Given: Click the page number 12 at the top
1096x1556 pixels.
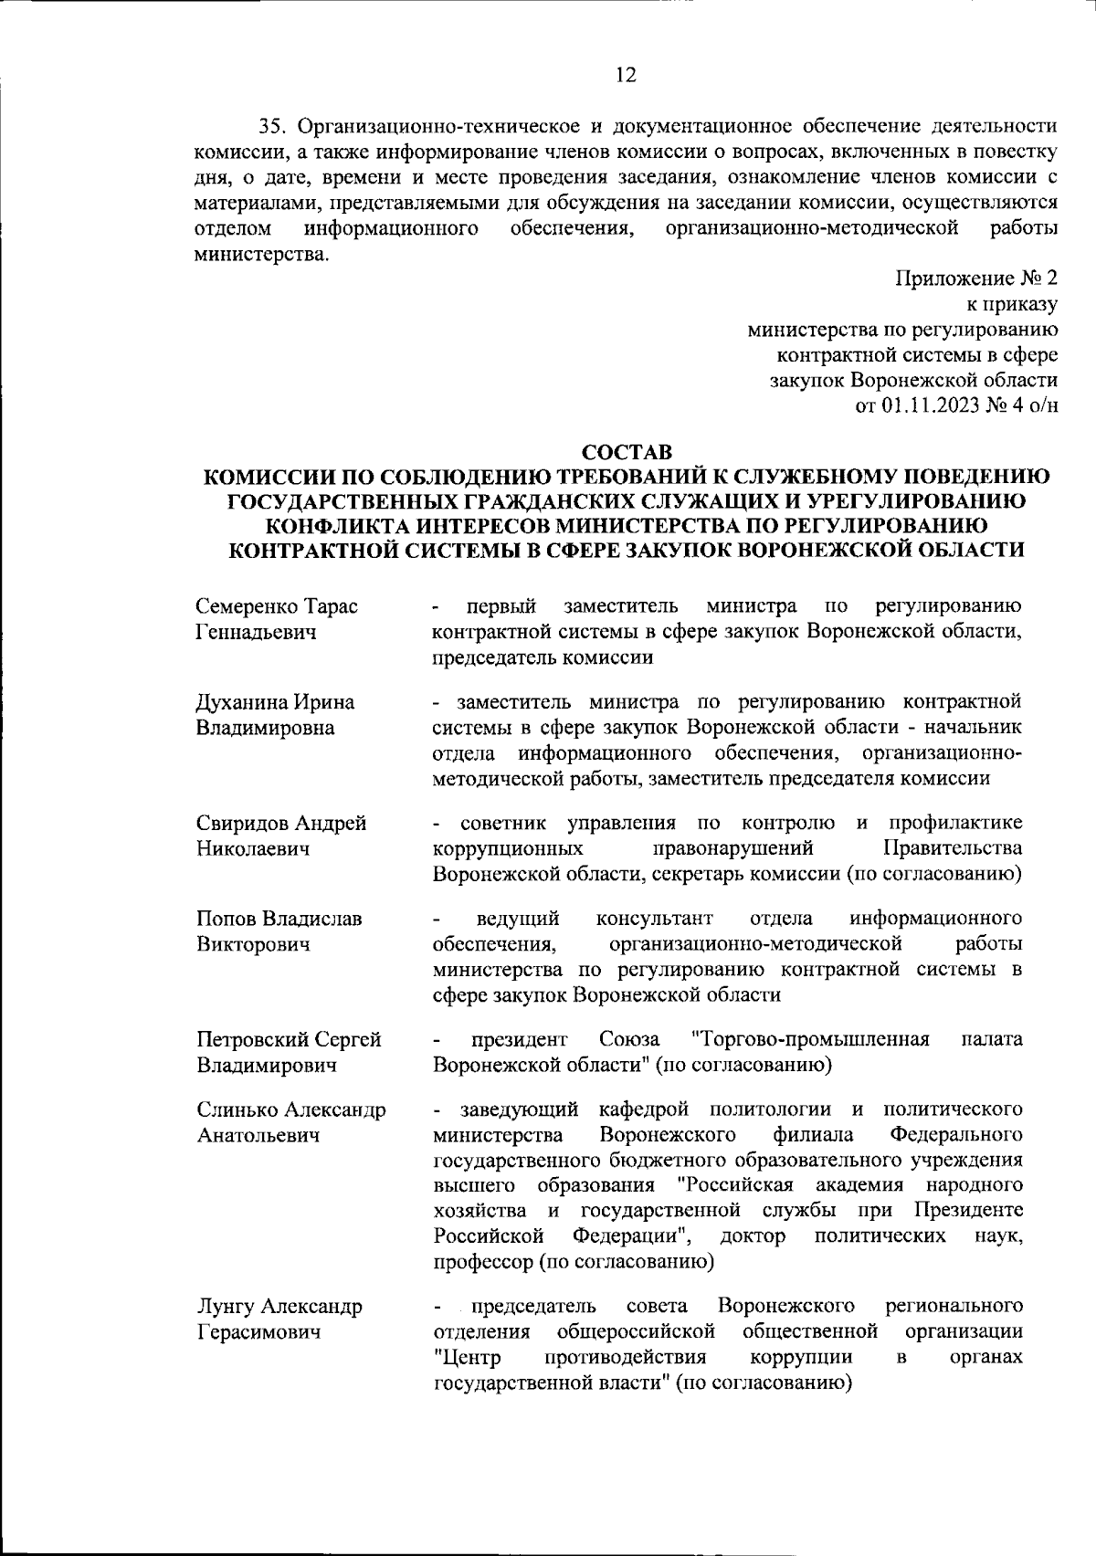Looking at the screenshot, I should click(x=625, y=76).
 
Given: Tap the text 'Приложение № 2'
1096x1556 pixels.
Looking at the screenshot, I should click(x=976, y=278).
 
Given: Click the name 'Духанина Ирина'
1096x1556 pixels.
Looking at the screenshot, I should click(x=275, y=702).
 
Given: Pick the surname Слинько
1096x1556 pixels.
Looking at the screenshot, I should click(x=236, y=1110).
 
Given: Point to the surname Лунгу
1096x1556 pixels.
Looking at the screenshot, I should click(x=224, y=1307).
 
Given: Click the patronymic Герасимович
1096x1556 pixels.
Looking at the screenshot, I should click(x=258, y=1332).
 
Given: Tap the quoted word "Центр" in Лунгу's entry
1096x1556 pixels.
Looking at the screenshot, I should click(x=464, y=1358).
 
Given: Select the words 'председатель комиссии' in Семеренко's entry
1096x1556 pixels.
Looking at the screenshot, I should click(x=543, y=657).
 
